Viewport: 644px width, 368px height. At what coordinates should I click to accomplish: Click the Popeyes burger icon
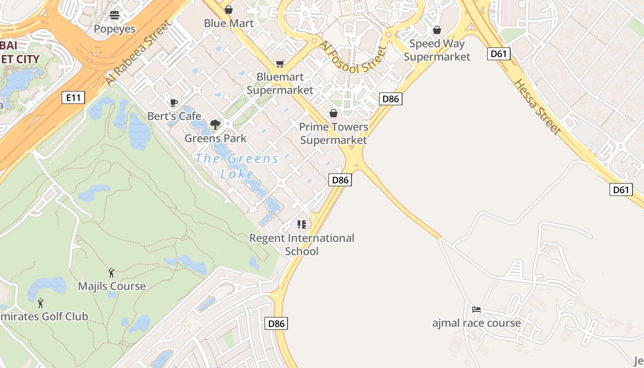click(115, 15)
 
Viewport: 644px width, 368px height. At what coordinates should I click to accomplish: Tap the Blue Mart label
click(229, 23)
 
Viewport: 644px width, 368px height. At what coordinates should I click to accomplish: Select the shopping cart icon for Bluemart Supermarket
click(280, 63)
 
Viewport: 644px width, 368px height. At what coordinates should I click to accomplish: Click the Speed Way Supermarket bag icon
click(437, 30)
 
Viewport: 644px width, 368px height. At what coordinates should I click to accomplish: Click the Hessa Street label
click(538, 107)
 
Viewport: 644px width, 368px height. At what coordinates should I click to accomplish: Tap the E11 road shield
click(74, 97)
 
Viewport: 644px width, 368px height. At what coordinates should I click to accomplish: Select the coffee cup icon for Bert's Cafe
click(173, 103)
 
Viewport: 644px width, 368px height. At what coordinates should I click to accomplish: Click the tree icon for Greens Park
click(215, 124)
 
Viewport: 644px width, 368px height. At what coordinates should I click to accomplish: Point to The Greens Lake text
click(237, 166)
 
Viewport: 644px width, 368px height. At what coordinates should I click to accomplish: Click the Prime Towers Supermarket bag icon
click(333, 113)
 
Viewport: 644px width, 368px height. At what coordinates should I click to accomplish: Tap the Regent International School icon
click(302, 224)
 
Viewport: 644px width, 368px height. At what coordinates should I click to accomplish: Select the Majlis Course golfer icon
click(111, 273)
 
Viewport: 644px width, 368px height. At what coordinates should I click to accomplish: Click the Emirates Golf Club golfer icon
click(40, 303)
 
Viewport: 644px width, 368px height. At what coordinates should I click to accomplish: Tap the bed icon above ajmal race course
click(477, 309)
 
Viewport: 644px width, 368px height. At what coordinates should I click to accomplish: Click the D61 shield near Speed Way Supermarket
click(498, 54)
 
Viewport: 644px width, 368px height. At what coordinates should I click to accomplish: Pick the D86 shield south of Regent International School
click(276, 323)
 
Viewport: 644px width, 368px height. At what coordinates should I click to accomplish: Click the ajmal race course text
click(477, 323)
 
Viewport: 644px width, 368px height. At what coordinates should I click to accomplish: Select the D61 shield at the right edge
click(621, 190)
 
